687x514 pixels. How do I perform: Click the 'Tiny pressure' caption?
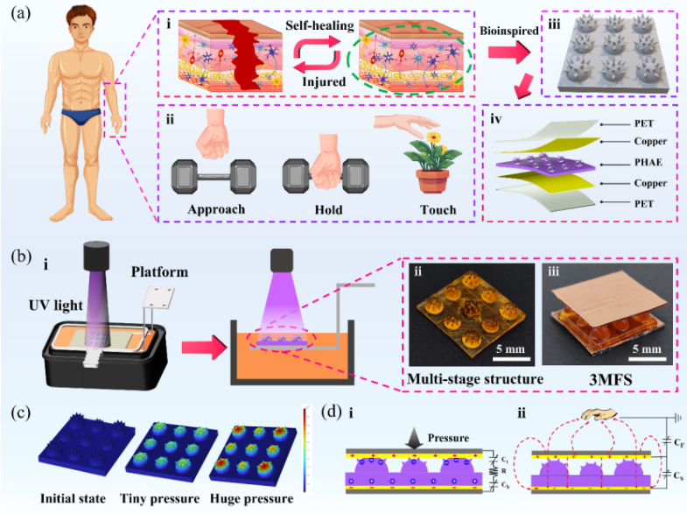(172, 500)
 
